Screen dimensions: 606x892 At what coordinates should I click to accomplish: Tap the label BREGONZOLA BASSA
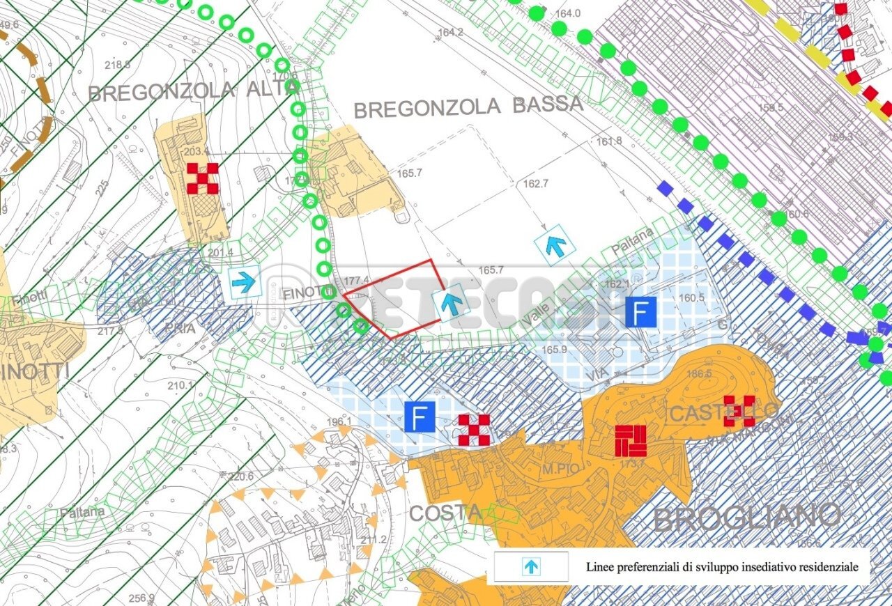[468, 107]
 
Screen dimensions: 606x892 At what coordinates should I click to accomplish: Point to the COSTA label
[445, 513]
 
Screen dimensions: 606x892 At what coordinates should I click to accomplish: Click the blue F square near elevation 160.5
[640, 312]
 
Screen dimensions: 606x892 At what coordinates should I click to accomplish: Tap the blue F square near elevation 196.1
[420, 417]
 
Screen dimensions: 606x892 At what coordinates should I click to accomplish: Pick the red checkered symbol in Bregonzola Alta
[203, 178]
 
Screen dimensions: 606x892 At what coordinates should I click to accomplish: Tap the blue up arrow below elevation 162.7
[555, 245]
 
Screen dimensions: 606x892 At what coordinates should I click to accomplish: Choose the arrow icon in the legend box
[531, 567]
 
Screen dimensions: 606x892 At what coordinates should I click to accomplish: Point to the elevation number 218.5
[117, 65]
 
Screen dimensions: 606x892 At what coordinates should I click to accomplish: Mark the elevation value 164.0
[568, 13]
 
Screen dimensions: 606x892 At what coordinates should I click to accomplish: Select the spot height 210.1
[179, 385]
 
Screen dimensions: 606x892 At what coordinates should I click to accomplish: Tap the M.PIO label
[561, 469]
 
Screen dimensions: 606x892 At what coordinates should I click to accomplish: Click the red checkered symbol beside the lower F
[474, 430]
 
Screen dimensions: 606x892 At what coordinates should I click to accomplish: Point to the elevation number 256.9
[141, 598]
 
